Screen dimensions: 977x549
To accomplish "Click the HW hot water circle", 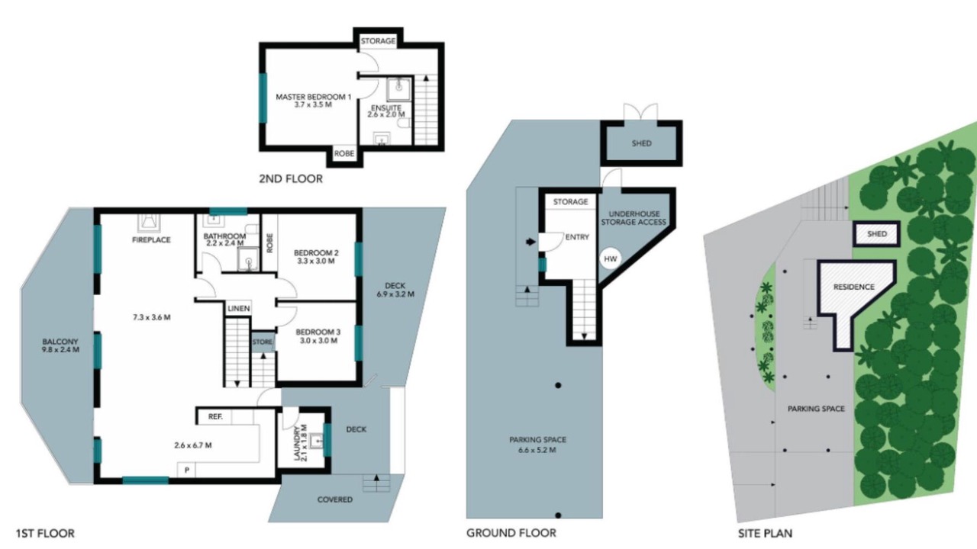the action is coord(610,258).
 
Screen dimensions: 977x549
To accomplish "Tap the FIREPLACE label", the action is coord(151,239).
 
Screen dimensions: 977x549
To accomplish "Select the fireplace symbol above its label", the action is coord(149,223).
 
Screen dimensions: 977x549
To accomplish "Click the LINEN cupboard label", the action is coord(239,309).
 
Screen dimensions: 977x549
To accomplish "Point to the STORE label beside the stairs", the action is coord(262,342).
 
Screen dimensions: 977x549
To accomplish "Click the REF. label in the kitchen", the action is coord(215,416).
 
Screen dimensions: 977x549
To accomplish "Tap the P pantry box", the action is coord(187,470).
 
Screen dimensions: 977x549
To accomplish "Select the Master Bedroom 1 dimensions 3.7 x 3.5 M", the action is coord(313,105).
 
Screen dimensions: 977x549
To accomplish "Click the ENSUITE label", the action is coord(386,108).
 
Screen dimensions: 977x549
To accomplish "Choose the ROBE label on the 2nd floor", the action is coord(344,153).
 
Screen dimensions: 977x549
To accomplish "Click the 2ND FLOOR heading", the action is coord(291,178).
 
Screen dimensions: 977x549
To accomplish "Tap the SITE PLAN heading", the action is coord(765,533).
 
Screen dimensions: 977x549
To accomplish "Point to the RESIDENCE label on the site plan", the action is coord(854,287).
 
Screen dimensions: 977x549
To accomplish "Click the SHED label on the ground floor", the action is coord(642,143).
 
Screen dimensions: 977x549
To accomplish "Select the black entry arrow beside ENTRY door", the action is coord(530,242).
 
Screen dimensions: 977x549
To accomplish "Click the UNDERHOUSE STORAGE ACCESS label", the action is coord(634,218).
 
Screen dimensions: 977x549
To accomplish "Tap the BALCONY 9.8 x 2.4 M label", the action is coord(60,345).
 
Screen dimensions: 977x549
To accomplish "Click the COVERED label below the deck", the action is coord(335,499).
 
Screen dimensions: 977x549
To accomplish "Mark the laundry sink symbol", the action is coord(316,441).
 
